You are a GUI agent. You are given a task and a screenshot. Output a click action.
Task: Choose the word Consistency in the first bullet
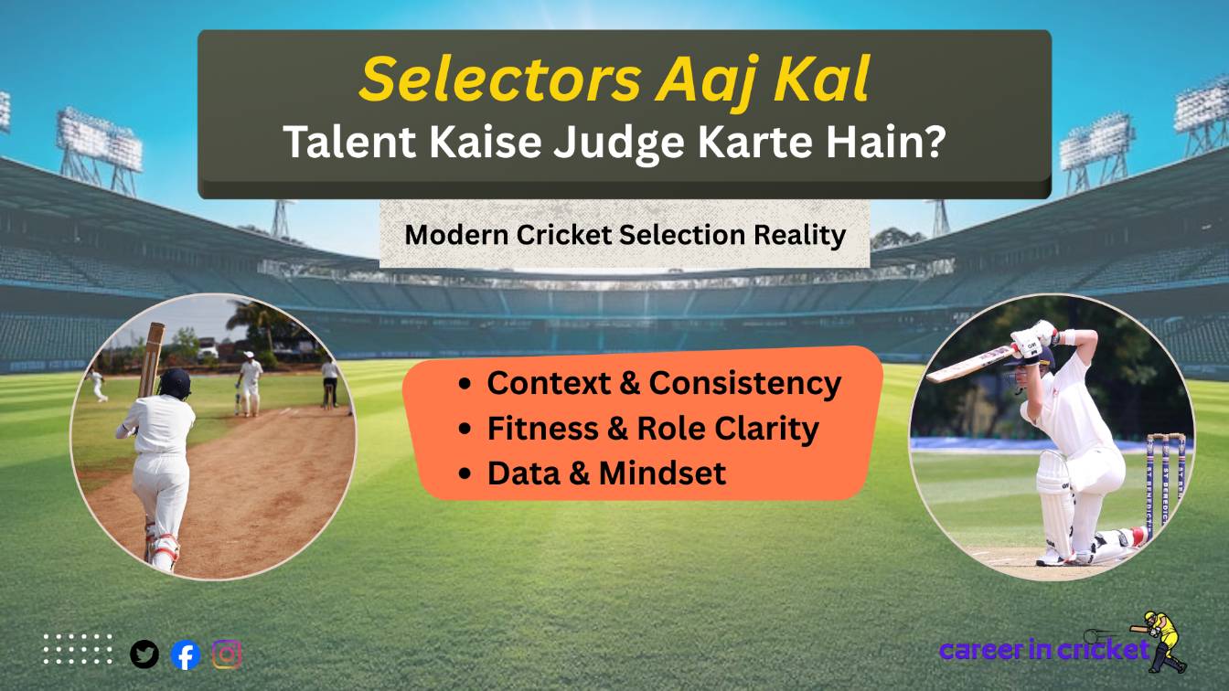point(744,383)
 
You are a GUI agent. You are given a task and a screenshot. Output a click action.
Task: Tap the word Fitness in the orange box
point(534,428)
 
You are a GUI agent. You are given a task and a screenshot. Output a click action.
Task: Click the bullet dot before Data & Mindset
point(467,473)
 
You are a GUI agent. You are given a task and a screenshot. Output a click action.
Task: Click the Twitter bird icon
point(144,654)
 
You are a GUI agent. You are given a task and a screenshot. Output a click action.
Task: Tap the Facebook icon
point(186,654)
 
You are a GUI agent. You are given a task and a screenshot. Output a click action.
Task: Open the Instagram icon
point(227,654)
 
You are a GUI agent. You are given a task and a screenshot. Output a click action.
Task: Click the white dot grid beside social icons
point(78,648)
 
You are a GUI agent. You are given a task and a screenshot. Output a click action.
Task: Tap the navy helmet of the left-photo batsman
point(176,381)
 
